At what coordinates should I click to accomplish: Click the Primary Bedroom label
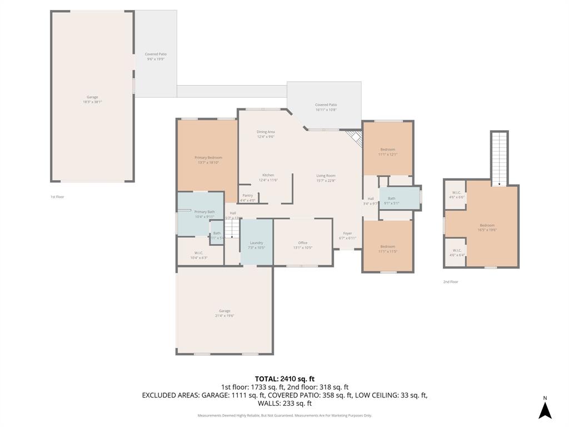click(208, 157)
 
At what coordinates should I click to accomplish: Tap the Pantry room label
click(247, 195)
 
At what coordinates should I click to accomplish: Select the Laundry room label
click(256, 242)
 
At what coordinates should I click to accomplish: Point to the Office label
click(303, 242)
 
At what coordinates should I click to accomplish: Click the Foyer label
click(347, 234)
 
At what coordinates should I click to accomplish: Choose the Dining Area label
click(266, 132)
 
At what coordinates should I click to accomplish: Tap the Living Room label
click(326, 176)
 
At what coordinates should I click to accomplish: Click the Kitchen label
click(268, 175)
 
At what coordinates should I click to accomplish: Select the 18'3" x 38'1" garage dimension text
click(92, 102)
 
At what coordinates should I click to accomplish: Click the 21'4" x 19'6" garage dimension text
click(224, 315)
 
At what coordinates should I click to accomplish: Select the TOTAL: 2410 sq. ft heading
click(284, 379)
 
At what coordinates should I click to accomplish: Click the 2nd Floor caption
click(451, 282)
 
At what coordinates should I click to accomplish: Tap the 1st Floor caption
click(57, 197)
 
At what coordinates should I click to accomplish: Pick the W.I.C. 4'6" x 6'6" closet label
click(457, 195)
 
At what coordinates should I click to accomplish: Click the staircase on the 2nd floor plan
click(499, 158)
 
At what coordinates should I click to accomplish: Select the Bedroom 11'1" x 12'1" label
click(387, 152)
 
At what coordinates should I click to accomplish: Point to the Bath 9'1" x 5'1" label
click(392, 201)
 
